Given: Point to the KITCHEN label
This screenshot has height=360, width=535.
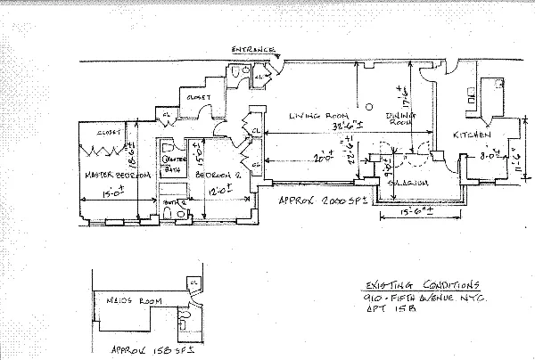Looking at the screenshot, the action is [473, 135].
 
